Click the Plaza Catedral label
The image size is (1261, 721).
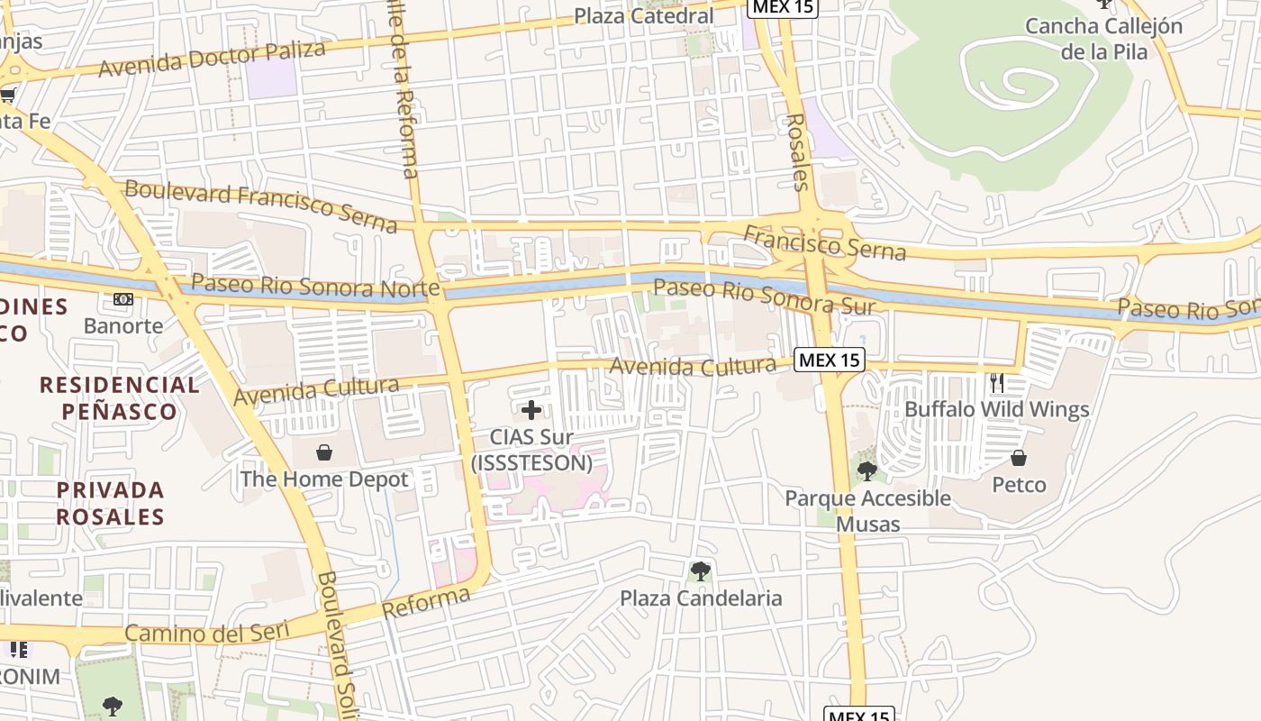(x=643, y=15)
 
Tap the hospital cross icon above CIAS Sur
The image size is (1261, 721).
(x=531, y=410)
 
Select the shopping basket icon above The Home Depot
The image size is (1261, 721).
(x=324, y=452)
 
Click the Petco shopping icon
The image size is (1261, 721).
(x=1019, y=458)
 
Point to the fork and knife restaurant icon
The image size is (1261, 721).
(x=996, y=383)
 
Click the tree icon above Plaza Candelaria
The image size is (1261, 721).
(x=700, y=570)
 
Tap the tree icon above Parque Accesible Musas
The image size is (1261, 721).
(x=867, y=470)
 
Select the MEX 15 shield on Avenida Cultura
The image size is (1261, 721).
(x=830, y=360)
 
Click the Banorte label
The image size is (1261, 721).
(x=123, y=325)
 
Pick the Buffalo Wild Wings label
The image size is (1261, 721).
(x=996, y=409)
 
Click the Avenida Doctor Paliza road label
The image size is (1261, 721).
(x=212, y=59)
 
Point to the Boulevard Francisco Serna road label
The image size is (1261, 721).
(x=261, y=205)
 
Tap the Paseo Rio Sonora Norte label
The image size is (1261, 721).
(x=315, y=286)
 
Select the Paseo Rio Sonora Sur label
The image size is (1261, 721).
(x=764, y=297)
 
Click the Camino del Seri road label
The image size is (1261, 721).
(x=207, y=632)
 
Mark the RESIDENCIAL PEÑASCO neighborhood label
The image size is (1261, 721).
(x=120, y=398)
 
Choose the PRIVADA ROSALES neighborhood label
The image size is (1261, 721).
(x=111, y=503)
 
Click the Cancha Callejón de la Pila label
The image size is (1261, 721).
(x=1103, y=38)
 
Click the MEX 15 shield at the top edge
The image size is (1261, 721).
(x=782, y=7)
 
